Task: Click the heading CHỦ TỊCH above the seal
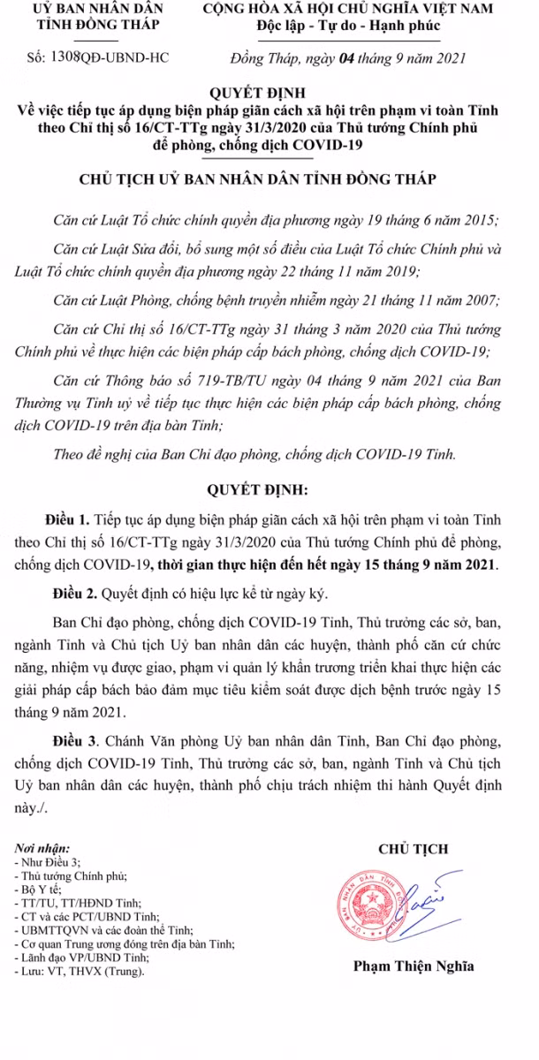413,849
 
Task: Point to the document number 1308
67,58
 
